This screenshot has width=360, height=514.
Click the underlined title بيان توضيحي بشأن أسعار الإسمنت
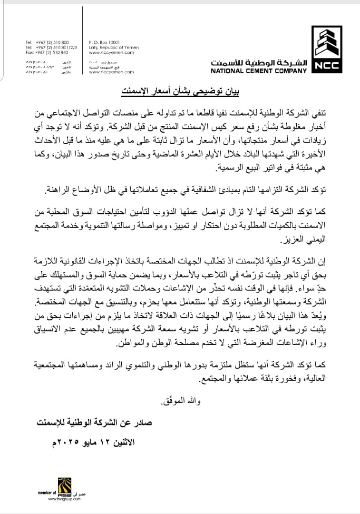pyautogui.click(x=180, y=90)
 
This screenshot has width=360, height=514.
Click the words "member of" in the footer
pyautogui.click(x=47, y=493)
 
